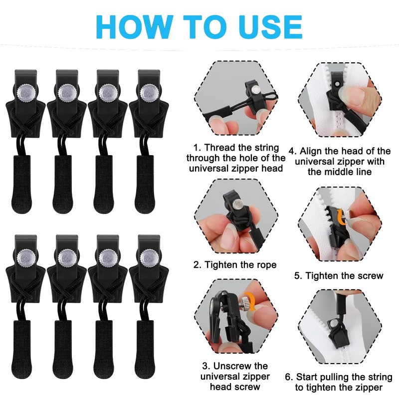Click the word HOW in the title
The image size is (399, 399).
pyautogui.click(x=133, y=27)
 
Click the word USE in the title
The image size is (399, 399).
pyautogui.click(x=270, y=27)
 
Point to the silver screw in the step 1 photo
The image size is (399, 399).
pyautogui.click(x=255, y=89)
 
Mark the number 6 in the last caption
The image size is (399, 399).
pyautogui.click(x=288, y=377)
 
